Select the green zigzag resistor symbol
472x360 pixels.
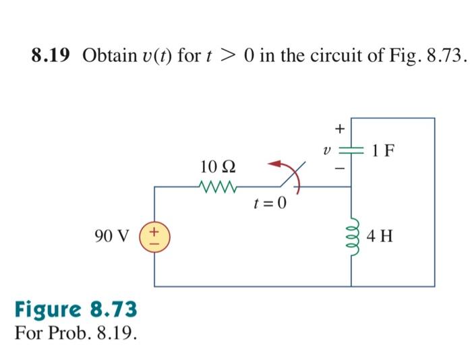[217, 187]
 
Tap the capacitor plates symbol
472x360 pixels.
[351, 150]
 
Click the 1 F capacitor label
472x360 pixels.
[383, 150]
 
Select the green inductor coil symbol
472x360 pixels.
[351, 237]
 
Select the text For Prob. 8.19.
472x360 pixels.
[74, 334]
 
